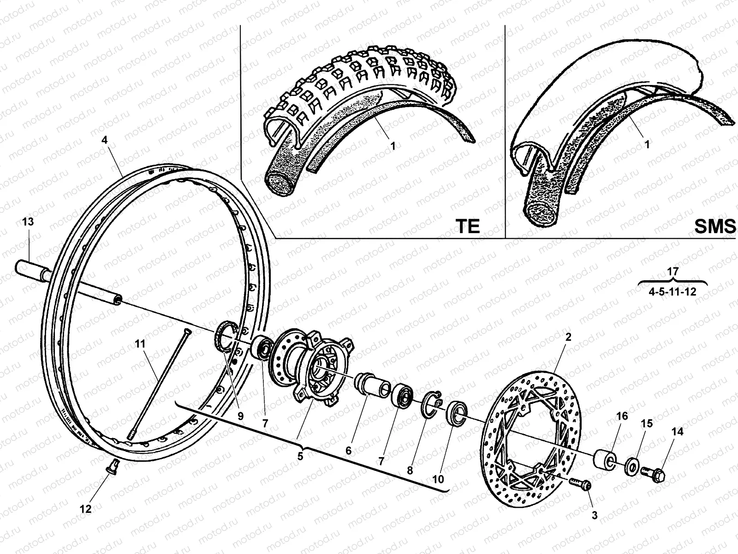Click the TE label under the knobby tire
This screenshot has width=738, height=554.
467,226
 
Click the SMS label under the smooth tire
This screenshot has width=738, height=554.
715,226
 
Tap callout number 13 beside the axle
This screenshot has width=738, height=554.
28,222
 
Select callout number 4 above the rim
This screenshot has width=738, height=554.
105,140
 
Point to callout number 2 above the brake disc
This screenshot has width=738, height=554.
568,337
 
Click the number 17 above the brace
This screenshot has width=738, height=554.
673,271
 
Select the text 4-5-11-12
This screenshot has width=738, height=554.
673,292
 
